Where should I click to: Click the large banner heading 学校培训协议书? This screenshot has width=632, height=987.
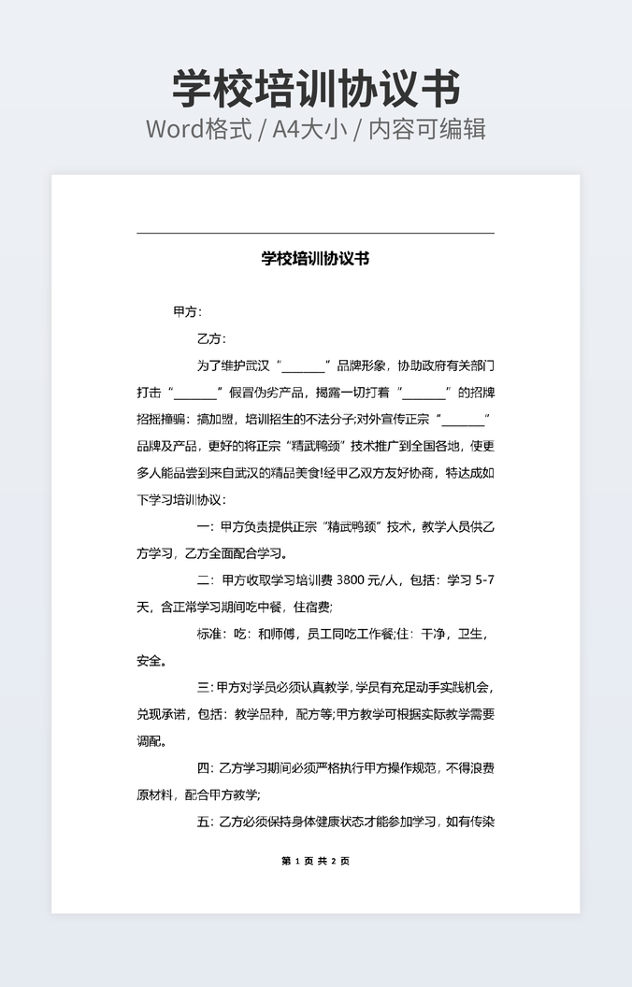click(316, 89)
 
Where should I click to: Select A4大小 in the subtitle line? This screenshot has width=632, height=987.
click(313, 129)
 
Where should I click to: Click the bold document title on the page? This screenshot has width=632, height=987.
click(315, 259)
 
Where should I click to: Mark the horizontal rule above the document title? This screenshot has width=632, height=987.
click(315, 233)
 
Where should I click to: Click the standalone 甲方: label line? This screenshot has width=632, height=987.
click(188, 311)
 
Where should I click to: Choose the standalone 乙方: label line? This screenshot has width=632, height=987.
click(211, 338)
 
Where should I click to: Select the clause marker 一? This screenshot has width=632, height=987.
click(207, 526)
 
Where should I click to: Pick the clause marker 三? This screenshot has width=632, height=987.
click(206, 688)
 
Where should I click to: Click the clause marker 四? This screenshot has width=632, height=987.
click(207, 768)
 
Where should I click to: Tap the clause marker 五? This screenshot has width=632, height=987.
click(207, 822)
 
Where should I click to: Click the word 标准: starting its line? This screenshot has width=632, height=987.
click(211, 634)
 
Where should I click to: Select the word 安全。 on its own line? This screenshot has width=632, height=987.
click(152, 661)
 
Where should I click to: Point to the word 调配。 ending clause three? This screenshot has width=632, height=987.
click(152, 741)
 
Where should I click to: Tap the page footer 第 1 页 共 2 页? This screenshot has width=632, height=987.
click(315, 861)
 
